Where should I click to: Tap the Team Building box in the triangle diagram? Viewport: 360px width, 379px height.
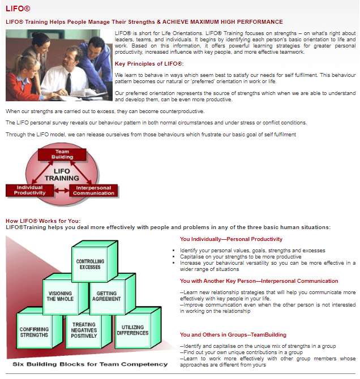(62, 153)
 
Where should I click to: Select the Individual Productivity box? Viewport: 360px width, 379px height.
(29, 190)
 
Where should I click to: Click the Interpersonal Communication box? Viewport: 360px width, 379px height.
(93, 190)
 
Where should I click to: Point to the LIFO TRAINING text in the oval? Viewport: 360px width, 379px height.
(62, 174)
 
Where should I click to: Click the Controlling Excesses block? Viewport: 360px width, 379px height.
(89, 264)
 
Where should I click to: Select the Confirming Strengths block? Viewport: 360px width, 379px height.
(34, 332)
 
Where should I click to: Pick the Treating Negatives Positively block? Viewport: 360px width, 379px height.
(83, 330)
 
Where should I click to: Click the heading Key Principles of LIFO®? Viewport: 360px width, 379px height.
(148, 63)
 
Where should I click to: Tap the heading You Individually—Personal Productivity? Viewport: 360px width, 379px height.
(231, 239)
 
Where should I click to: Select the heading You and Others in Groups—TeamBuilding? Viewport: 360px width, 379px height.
(233, 335)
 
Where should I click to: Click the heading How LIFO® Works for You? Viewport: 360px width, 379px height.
(43, 221)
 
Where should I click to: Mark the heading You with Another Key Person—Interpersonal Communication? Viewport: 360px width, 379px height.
(259, 281)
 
